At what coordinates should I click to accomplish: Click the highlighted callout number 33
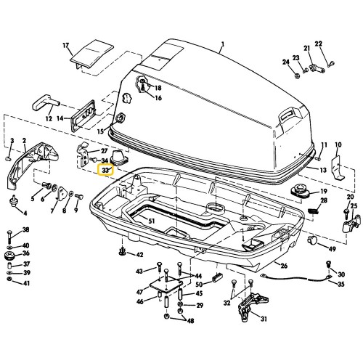point(106,171)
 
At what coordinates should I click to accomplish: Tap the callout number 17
point(67,46)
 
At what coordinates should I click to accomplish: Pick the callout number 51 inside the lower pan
point(151,221)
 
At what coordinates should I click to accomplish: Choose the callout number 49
point(332,250)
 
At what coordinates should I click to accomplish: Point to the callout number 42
point(139,255)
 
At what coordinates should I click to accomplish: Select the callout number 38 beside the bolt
point(26,231)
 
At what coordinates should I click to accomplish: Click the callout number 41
point(26,282)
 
